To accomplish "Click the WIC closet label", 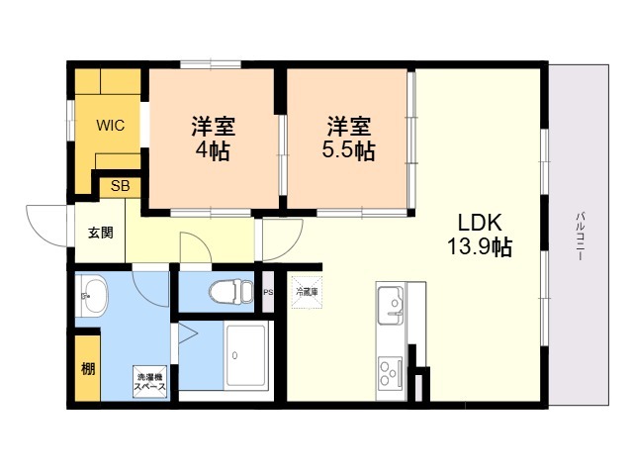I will pyautogui.click(x=109, y=126).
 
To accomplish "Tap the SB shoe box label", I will pyautogui.click(x=120, y=185).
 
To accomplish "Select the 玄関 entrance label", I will pyautogui.click(x=101, y=234).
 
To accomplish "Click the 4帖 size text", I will pyautogui.click(x=212, y=153).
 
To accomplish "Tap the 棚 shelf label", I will pyautogui.click(x=88, y=369).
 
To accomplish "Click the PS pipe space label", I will pyautogui.click(x=268, y=291).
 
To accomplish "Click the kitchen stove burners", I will pyautogui.click(x=388, y=374).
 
